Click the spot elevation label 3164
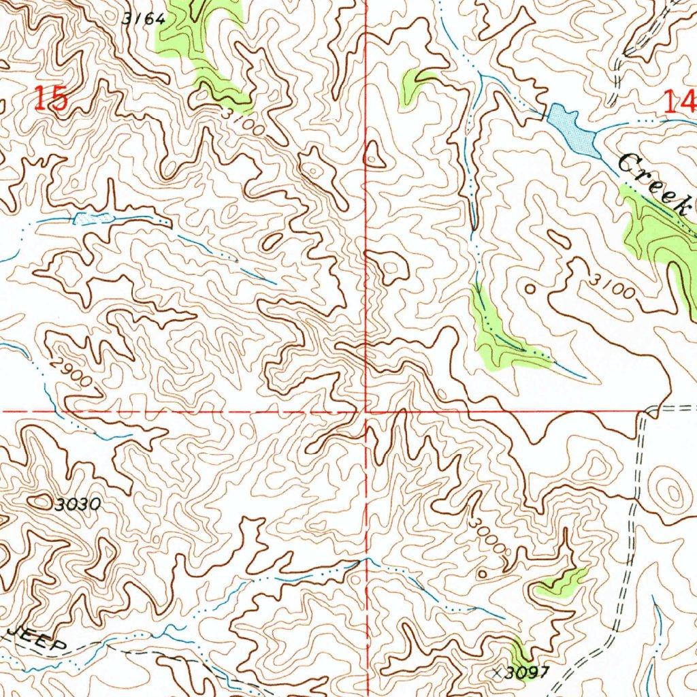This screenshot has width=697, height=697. (x=144, y=19)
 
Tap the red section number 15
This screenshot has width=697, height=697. (x=51, y=99)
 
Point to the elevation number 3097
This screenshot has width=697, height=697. (x=528, y=672)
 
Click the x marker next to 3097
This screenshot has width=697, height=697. (x=497, y=672)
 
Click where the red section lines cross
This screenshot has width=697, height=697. (x=367, y=412)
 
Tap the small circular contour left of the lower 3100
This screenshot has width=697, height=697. (x=530, y=289)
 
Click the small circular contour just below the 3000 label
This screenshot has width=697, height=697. (x=482, y=574)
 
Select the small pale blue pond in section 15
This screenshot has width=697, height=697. (x=93, y=218)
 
